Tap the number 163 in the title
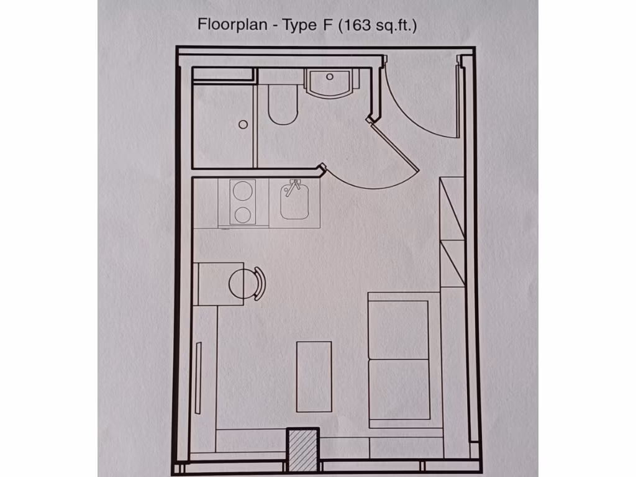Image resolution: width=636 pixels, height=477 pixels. tap(361, 25)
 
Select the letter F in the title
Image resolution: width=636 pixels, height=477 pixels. tap(327, 25)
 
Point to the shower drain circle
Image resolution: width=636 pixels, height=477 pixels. tap(243, 124)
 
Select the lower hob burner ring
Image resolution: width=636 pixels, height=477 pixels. tap(242, 215)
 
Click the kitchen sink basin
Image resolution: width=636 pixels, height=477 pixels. tap(296, 202)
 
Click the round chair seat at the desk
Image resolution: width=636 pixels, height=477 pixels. tap(243, 284)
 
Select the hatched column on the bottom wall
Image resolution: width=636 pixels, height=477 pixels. tap(302, 448)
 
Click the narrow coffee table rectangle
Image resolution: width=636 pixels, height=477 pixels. tap(314, 376)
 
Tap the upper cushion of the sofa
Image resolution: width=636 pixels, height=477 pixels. tap(399, 329)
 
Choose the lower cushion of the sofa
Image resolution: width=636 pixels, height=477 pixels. tap(399, 390)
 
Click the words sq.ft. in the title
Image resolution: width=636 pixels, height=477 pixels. tap(396, 25)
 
